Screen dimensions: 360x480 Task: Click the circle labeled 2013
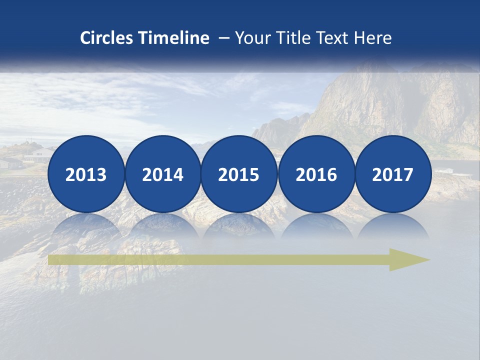(86, 174)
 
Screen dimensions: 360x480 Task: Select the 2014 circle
(162, 174)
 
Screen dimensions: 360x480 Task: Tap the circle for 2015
(239, 174)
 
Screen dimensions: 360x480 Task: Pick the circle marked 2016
(316, 174)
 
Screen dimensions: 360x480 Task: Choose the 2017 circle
(393, 174)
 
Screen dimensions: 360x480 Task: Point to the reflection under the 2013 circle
(86, 225)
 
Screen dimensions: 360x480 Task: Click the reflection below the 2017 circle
(393, 225)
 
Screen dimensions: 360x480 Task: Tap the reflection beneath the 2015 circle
(239, 225)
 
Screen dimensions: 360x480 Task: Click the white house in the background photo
(39, 154)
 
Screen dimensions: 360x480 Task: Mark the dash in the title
(223, 38)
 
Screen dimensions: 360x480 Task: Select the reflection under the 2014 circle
(162, 225)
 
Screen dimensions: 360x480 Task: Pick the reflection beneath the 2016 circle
(316, 225)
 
